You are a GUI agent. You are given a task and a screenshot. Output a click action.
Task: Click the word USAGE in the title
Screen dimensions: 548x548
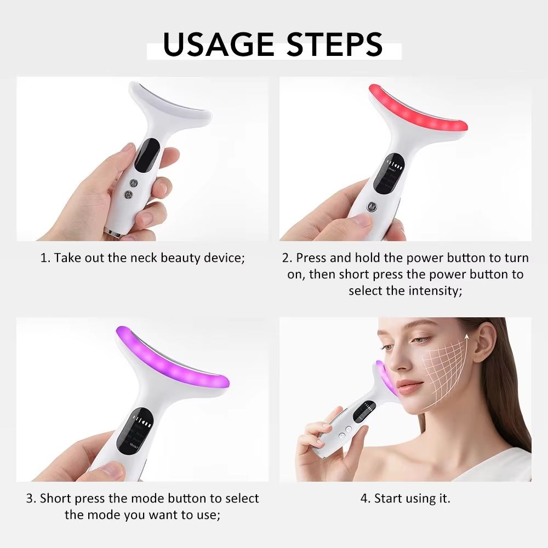coord(218,44)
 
